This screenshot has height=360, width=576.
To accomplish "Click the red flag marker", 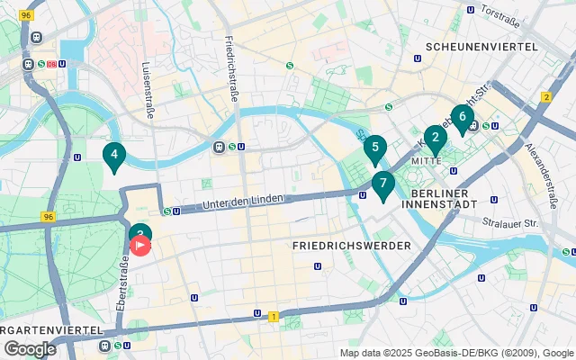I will pyautogui.click(x=142, y=245).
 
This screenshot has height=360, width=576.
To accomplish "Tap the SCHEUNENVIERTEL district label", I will pyautogui.click(x=481, y=46).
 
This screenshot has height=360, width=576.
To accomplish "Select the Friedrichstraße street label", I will pyautogui.click(x=232, y=69).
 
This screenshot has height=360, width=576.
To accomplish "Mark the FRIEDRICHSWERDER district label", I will pyautogui.click(x=352, y=245).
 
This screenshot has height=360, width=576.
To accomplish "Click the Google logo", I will pyautogui.click(x=30, y=348).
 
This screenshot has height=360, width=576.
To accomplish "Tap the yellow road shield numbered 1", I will pyautogui.click(x=273, y=316).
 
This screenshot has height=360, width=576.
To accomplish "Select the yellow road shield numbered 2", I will pyautogui.click(x=546, y=97).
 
